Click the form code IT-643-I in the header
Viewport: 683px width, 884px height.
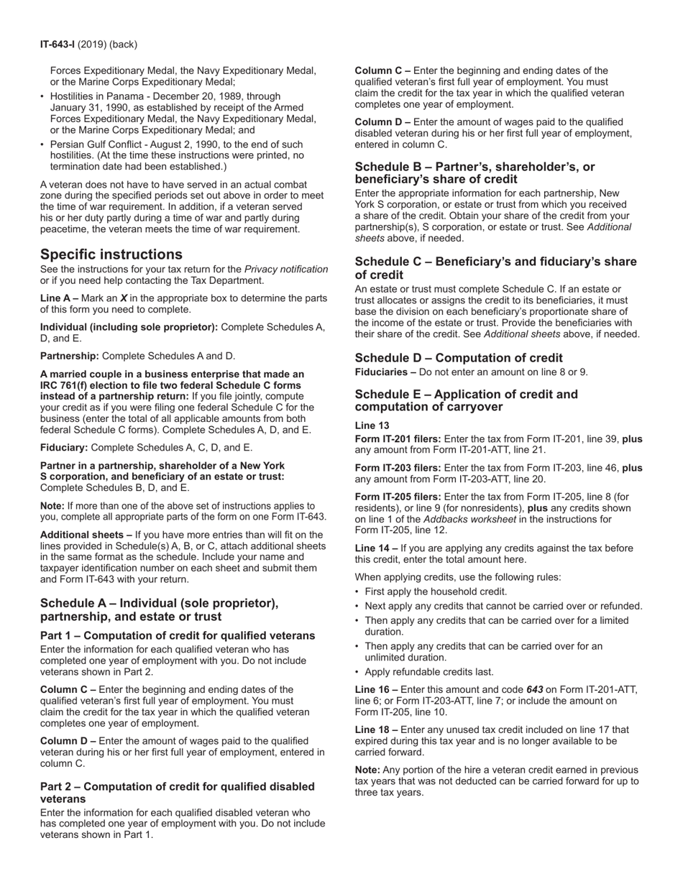(60, 45)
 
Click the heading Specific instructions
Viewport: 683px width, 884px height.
(111, 254)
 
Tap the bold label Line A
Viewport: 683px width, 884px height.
(56, 298)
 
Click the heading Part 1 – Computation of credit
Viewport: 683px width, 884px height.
(177, 635)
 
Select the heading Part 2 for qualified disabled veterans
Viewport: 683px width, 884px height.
(177, 793)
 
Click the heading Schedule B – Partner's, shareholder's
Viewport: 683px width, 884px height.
(475, 172)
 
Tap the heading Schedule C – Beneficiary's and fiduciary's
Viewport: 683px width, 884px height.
(495, 268)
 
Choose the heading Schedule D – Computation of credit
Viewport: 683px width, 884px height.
(459, 358)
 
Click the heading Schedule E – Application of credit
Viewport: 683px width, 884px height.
(466, 400)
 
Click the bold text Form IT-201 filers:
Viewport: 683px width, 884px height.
(398, 439)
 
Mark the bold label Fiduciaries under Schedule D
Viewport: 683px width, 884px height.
(382, 372)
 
